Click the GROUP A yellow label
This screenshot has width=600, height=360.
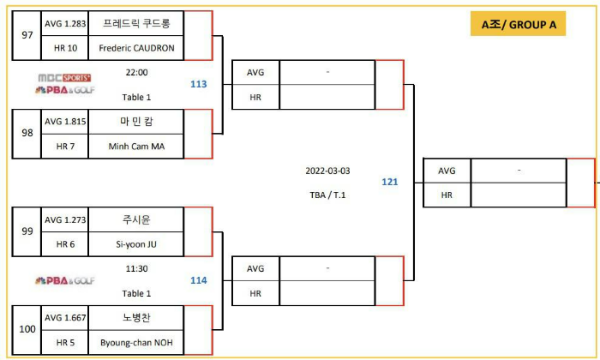pos(518,25)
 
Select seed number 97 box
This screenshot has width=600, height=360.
pos(26,35)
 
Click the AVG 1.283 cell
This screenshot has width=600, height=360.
pos(66,23)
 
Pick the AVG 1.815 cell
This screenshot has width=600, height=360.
pos(66,121)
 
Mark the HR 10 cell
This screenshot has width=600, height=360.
pos(66,47)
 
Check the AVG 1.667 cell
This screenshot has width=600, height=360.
pos(66,318)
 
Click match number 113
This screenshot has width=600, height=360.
pos(198,84)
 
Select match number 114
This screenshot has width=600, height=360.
pos(198,280)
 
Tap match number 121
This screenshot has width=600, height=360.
pos(390,182)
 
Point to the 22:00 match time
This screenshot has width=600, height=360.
pos(137,73)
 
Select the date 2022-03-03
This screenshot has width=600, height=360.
pos(328,171)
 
